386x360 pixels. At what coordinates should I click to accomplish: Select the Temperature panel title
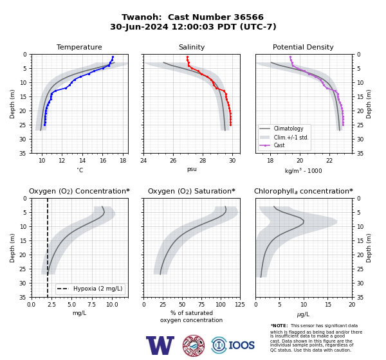point(79,47)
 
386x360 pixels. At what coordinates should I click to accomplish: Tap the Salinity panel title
point(192,47)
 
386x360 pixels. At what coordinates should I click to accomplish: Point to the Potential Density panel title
point(303,47)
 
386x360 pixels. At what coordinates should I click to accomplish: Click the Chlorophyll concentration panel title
point(304,191)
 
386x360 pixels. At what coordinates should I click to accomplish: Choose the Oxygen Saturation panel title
point(192,191)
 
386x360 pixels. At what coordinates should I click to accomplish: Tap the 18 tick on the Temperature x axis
point(123,161)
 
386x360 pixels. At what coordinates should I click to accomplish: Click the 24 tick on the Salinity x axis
point(143,161)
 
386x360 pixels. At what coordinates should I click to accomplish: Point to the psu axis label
point(192,169)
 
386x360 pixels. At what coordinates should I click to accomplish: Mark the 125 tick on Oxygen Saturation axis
point(240,305)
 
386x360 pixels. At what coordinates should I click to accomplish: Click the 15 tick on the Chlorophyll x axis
point(328,305)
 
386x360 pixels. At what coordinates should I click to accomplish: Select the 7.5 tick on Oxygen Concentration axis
point(91,305)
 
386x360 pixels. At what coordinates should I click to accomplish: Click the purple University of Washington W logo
point(160,345)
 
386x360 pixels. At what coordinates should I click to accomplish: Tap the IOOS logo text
point(241,345)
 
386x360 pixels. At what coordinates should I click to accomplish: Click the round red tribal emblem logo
point(194,345)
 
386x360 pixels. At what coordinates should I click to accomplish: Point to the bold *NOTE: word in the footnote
point(279,326)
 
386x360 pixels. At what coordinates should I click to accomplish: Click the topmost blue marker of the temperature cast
point(113,57)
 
